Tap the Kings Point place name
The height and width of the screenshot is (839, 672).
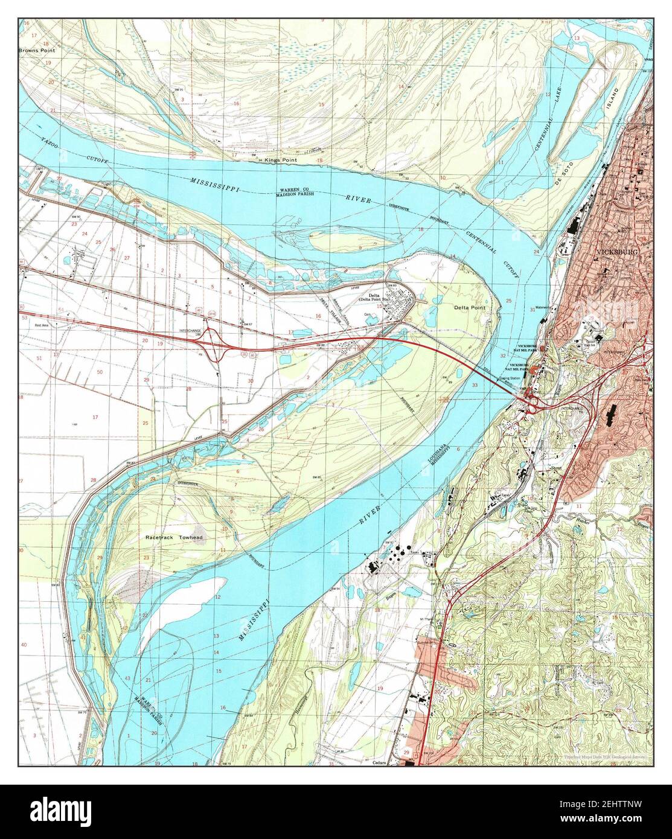[x=278, y=159]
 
